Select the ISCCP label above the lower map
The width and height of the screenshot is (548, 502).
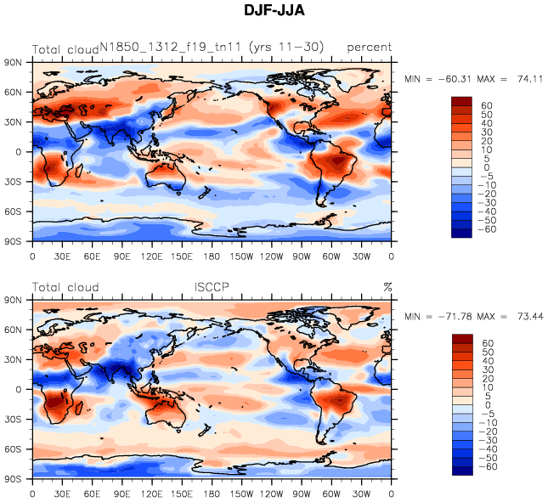tap(212, 287)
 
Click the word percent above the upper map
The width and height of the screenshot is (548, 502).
tap(369, 48)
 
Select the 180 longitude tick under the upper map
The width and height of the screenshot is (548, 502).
tap(212, 255)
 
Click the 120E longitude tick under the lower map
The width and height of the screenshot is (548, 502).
tap(152, 493)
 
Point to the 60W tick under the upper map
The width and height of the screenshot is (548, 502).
tap(332, 255)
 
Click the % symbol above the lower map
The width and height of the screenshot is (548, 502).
tap(387, 287)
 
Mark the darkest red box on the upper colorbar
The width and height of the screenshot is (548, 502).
tap(461, 100)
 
